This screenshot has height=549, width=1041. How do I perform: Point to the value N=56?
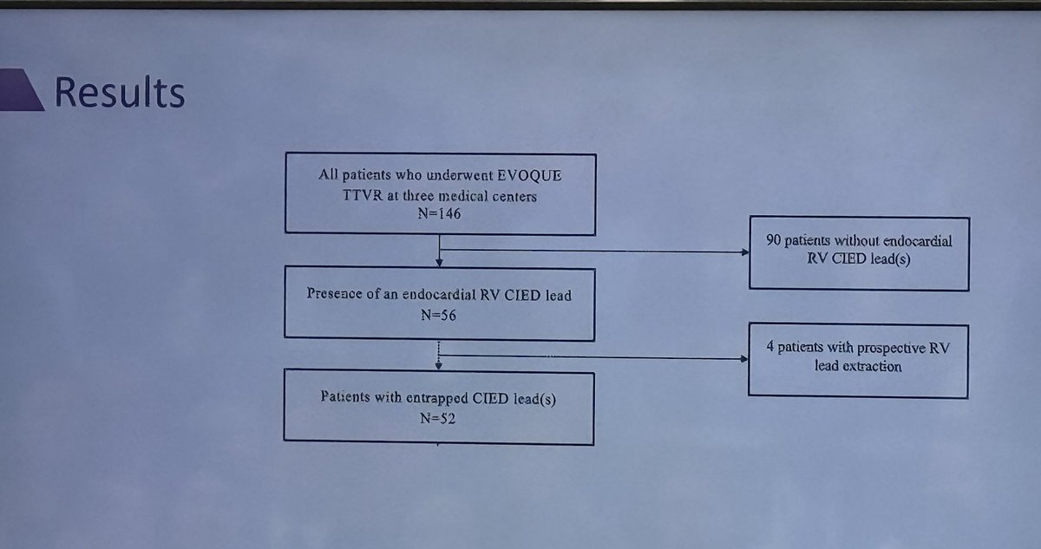pyautogui.click(x=440, y=315)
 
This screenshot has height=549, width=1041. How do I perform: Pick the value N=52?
pyautogui.click(x=440, y=419)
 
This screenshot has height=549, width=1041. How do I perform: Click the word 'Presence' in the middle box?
pyautogui.click(x=333, y=295)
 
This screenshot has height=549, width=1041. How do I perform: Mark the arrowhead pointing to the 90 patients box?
pyautogui.click(x=743, y=252)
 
